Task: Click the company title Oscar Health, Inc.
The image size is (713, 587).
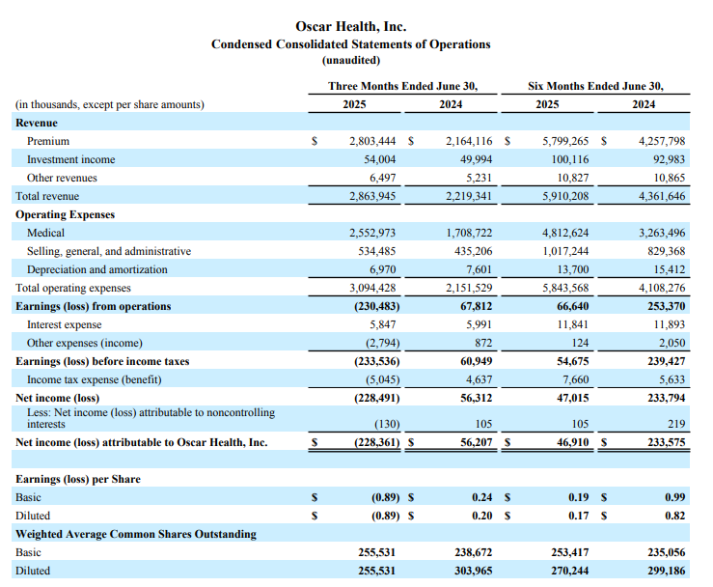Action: point(350,26)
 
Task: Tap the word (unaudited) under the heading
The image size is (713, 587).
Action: point(351,60)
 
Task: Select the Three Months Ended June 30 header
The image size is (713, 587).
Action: point(403,86)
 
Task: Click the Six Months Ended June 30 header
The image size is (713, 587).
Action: point(595,86)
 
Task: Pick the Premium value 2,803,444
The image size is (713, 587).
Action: point(372,141)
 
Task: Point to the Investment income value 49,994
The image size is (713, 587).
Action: point(476,159)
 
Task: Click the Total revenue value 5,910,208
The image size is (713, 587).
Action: point(565,196)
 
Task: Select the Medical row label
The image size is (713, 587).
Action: point(45,233)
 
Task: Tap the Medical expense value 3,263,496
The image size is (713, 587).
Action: point(662,233)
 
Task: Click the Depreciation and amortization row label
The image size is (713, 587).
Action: point(96,269)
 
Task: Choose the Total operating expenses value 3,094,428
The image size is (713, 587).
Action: point(372,288)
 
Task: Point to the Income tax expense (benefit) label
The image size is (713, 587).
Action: point(95,379)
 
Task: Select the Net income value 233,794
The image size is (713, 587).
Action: point(666,398)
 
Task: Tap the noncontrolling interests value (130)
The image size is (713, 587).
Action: point(387,424)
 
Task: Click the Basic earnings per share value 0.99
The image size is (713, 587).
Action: point(674,497)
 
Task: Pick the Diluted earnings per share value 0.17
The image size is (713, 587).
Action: point(578,516)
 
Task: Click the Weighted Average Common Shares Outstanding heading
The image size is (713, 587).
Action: point(135,534)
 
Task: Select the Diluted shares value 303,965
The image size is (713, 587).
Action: point(474,571)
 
